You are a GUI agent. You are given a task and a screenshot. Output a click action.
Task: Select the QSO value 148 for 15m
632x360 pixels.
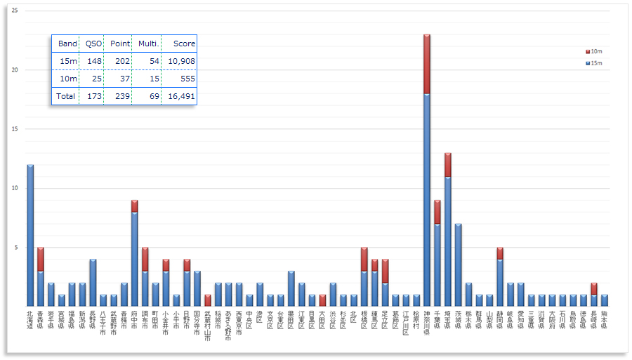click(x=93, y=61)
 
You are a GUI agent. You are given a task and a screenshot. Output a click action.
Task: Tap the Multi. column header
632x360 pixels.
click(x=148, y=44)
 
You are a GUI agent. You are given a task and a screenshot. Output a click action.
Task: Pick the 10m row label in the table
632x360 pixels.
click(x=68, y=79)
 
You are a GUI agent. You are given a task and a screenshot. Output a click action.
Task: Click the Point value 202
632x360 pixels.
click(x=121, y=61)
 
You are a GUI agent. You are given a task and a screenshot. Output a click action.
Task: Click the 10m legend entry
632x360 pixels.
click(x=593, y=51)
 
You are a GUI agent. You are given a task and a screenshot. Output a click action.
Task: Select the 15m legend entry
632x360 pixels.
click(x=593, y=63)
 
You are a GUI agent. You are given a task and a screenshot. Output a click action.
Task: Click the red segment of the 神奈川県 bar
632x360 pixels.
click(x=426, y=64)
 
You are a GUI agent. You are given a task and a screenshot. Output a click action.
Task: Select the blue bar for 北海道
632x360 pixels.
click(x=30, y=234)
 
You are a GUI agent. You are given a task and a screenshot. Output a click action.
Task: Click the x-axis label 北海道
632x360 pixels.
click(x=30, y=319)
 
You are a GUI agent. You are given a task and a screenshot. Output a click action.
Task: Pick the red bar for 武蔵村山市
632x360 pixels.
click(x=207, y=300)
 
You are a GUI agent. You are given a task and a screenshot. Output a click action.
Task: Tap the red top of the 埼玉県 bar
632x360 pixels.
click(x=447, y=165)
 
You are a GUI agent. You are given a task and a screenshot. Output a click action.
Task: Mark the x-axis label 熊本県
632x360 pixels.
click(x=604, y=319)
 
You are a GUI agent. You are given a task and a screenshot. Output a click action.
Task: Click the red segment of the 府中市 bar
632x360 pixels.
click(x=134, y=206)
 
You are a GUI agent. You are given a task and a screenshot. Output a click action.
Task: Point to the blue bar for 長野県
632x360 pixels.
click(x=93, y=281)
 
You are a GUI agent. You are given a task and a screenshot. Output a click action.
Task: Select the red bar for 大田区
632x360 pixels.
click(x=322, y=300)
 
